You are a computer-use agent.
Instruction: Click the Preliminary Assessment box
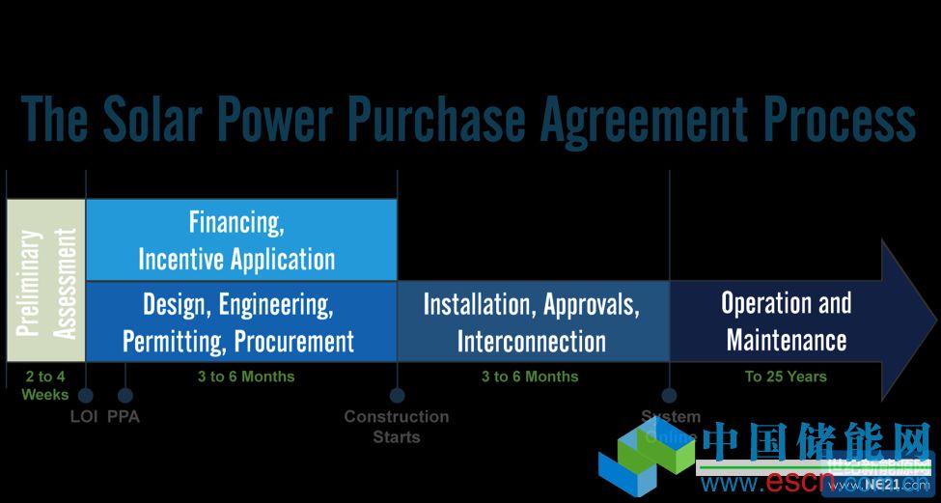pos(46,281)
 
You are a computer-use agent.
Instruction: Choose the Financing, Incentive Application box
pos(241,239)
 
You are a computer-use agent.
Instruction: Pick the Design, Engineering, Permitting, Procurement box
pos(241,321)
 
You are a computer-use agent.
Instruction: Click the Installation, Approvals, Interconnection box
pos(533,321)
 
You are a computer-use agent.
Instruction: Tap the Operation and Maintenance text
pos(786,321)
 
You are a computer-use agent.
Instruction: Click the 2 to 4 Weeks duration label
pos(45,385)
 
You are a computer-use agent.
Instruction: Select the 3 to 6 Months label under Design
pos(245,377)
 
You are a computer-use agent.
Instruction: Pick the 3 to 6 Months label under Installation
pos(530,377)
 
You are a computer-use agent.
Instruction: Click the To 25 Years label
pos(786,377)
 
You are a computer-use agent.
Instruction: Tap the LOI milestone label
pos(85,417)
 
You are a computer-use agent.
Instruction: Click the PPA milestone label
pos(124,417)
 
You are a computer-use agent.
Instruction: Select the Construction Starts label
pos(397,426)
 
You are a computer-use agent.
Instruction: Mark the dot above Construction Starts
pos(397,395)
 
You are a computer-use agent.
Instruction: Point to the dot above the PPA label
pos(125,395)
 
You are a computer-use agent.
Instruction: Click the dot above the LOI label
pos(86,395)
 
